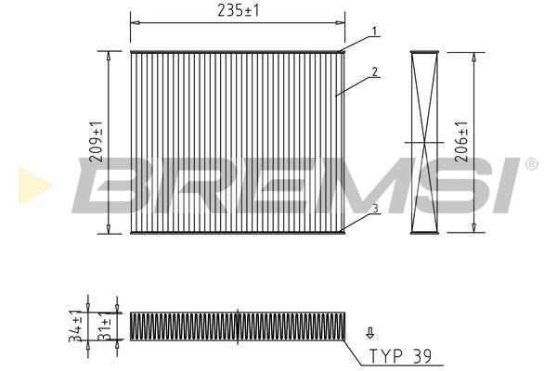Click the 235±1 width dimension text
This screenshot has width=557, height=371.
pos(238,10)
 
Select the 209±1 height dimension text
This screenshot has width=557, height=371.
pos(97,142)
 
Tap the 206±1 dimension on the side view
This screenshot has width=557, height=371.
pos(461,142)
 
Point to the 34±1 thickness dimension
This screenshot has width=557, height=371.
pos(76,326)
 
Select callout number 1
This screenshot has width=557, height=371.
pos(374,32)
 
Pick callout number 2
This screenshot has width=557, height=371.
pos(375,72)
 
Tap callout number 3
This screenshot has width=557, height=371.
pos(375,209)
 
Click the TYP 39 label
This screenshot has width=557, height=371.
pos(400,356)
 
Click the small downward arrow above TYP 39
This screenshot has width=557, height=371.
pos(370,333)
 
